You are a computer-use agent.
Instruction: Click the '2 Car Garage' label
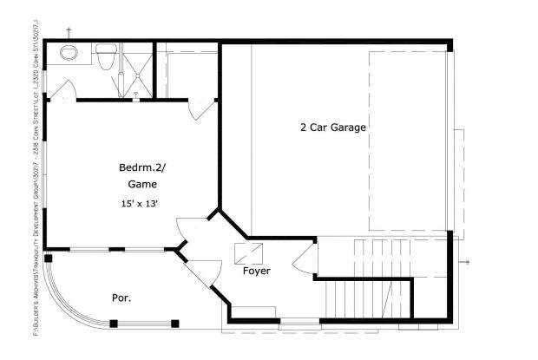coord(333,127)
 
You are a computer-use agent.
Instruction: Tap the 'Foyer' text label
coord(256,271)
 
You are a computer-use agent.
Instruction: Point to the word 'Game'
coord(141,184)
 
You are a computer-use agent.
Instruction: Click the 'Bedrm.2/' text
coord(140,167)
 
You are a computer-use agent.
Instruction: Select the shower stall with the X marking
coord(134,70)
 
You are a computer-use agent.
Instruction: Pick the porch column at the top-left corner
coord(49,259)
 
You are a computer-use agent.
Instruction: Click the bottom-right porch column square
coord(174,324)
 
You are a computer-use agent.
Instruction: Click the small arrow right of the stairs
coord(467,261)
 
